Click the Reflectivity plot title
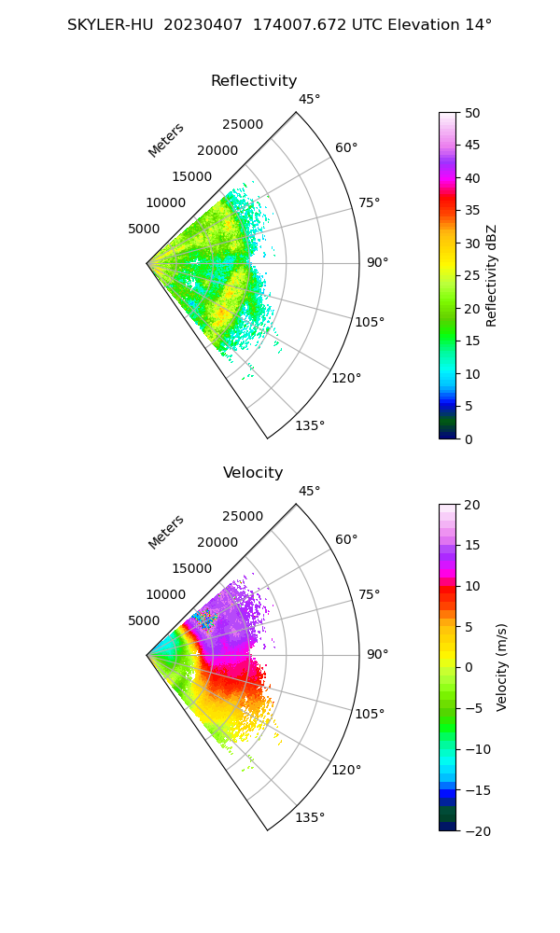(254, 81)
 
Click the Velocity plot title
(253, 473)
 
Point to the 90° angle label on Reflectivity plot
(377, 263)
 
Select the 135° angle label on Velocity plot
(310, 818)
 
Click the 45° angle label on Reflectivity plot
(309, 100)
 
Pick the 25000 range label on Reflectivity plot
(243, 125)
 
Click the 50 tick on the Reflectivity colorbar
(474, 113)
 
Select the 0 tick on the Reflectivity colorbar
(470, 439)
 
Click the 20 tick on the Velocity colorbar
(474, 505)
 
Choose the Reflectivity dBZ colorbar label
(492, 276)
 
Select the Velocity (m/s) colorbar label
(502, 667)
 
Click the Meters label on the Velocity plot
(166, 532)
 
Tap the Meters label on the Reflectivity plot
(166, 140)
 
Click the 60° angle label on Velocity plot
(346, 540)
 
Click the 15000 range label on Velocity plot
(192, 568)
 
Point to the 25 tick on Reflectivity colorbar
(474, 276)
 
